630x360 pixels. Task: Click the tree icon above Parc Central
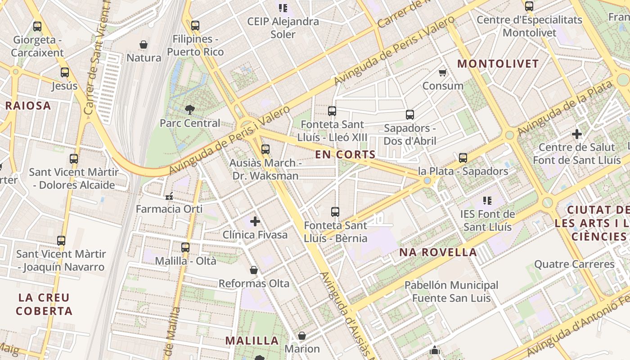click(x=190, y=109)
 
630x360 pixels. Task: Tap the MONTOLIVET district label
click(x=498, y=63)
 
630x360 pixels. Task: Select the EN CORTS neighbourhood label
click(x=345, y=154)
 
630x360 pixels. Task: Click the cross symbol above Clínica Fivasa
click(x=255, y=221)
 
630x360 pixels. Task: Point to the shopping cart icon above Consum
click(x=443, y=72)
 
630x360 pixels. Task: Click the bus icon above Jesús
click(x=65, y=72)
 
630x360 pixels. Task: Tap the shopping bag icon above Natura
click(x=144, y=45)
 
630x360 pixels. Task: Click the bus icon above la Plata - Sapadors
click(x=463, y=158)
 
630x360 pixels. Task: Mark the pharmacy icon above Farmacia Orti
click(x=170, y=196)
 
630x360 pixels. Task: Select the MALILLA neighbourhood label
click(x=252, y=341)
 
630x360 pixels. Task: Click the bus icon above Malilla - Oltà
click(x=185, y=247)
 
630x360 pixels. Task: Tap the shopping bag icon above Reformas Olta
click(x=254, y=270)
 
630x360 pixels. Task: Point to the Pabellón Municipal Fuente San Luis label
click(x=451, y=292)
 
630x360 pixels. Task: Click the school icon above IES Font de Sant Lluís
click(x=487, y=200)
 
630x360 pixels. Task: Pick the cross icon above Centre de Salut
click(x=576, y=134)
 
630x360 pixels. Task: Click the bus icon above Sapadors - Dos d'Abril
click(x=409, y=115)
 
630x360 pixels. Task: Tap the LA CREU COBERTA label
click(x=44, y=304)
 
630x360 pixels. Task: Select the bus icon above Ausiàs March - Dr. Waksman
click(x=265, y=149)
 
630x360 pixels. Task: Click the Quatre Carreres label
click(x=574, y=264)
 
